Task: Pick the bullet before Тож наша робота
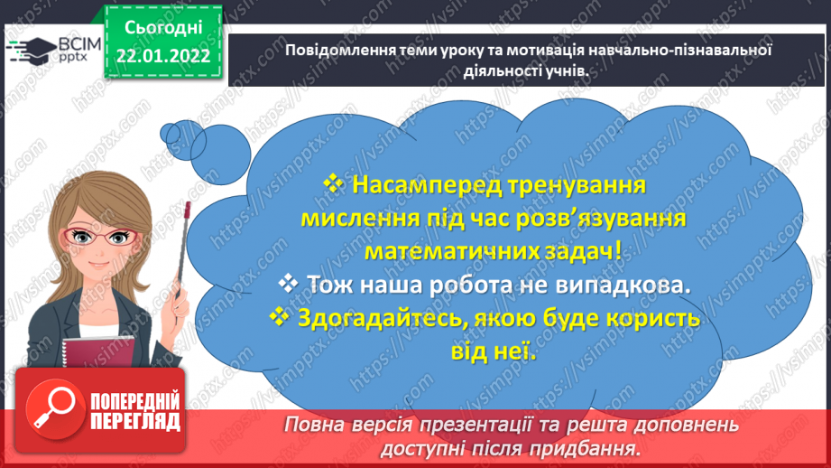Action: (x=289, y=284)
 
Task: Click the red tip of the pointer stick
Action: (x=188, y=207)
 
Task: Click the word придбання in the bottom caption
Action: (x=596, y=447)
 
